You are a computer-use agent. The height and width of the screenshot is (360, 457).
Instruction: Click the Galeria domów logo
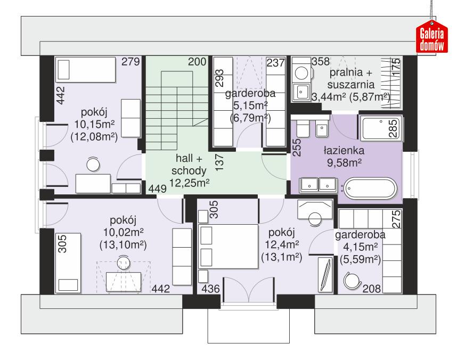(x=431, y=39)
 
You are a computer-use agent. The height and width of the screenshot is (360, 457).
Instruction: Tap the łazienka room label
(x=345, y=150)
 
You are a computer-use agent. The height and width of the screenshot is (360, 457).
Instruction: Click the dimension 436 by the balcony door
(x=209, y=289)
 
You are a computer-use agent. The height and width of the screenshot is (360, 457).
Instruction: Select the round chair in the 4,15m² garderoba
(x=352, y=279)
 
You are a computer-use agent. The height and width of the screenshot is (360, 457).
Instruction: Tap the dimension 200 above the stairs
(x=197, y=62)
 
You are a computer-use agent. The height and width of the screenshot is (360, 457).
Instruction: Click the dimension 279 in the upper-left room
(x=130, y=62)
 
